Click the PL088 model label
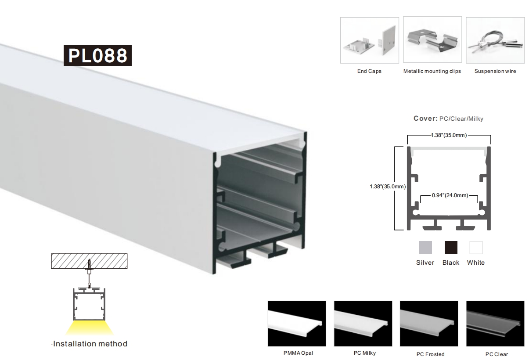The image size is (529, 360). click(97, 55)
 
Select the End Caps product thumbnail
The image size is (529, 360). click(369, 40)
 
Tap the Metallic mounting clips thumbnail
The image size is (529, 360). click(432, 40)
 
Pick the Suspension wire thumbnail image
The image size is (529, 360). click(495, 40)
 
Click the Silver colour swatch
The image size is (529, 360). click(425, 247)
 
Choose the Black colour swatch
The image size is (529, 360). click(451, 247)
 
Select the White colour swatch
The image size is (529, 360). click(476, 247)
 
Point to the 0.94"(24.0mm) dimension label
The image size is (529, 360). click(450, 195)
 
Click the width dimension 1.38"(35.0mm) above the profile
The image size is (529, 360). click(449, 135)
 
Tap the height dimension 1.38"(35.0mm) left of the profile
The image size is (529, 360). click(388, 187)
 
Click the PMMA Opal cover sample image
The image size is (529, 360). click(297, 324)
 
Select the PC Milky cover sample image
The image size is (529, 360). click(363, 324)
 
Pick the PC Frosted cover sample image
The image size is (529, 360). click(429, 324)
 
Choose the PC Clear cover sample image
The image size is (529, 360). click(495, 324)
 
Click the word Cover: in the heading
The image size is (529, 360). click(425, 119)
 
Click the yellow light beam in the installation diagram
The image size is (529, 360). click(89, 328)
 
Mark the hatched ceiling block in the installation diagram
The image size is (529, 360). click(89, 261)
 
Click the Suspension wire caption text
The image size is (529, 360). click(495, 71)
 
